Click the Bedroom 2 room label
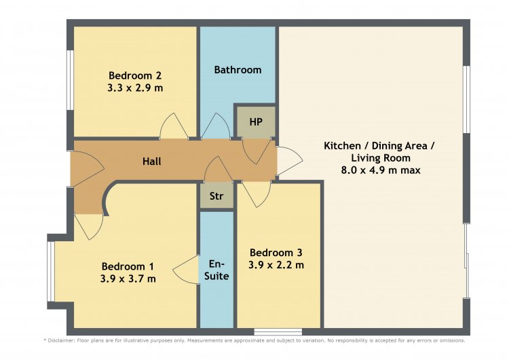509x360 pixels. pos(135,75)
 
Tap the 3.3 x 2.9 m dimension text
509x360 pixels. pos(135,88)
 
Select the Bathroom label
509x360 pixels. pos(238,69)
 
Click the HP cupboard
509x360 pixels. pos(256,122)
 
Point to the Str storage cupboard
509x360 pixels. pos(216,196)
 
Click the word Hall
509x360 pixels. pos(151,161)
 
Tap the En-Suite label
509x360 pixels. pos(216,270)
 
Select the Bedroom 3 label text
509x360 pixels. pos(276,253)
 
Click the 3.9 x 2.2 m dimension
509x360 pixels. pos(276,265)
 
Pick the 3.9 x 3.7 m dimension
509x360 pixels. pos(128,278)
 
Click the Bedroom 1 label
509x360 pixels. pos(128,266)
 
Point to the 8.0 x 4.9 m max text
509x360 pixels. pos(381,170)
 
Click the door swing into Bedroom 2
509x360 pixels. pos(173,126)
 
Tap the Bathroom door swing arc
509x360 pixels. pos(216,126)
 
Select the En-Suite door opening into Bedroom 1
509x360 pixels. pos(186,270)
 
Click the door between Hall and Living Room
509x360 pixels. pos(289,161)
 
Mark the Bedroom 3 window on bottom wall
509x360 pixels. pos(278,331)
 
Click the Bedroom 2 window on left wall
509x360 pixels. pos(70,80)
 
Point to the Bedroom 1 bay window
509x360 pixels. pos(51,272)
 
